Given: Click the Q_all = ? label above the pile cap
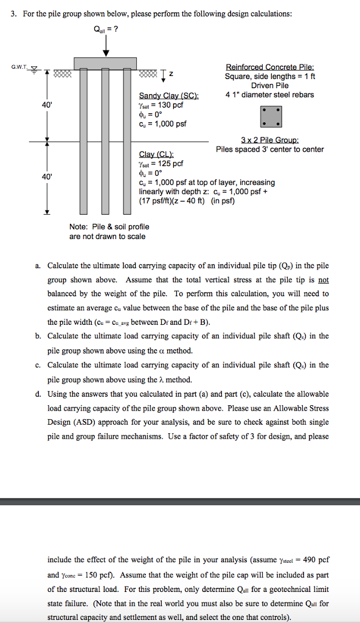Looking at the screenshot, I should click(106, 28).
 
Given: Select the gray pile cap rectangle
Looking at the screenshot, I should click(106, 63).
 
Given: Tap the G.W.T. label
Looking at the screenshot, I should click(18, 68).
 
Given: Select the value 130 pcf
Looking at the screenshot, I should click(167, 105).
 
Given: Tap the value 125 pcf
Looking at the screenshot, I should click(167, 164).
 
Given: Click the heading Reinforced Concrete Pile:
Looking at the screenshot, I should click(269, 67).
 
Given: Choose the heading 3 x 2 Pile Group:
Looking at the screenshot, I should click(269, 140).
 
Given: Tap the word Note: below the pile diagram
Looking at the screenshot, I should click(79, 227).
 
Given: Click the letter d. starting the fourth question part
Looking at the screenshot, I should click(38, 394).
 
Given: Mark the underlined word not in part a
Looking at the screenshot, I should click(324, 280).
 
